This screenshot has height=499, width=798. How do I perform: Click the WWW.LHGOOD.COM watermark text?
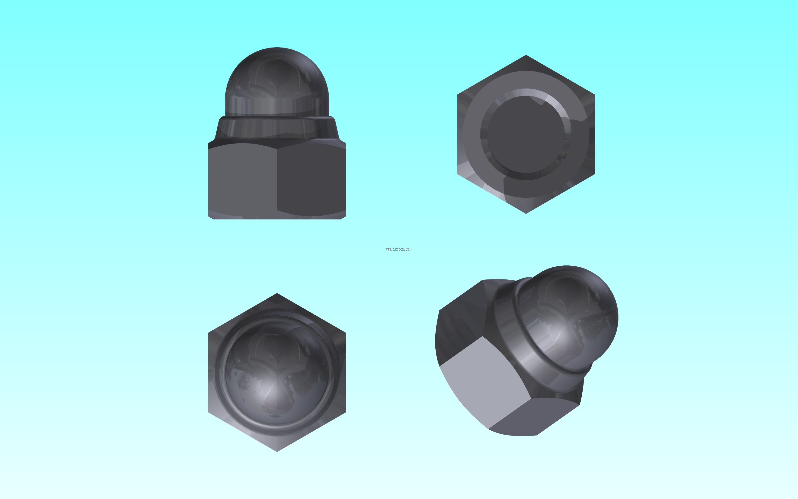pos(398,249)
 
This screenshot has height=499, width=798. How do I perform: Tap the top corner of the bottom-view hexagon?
pos(526,55)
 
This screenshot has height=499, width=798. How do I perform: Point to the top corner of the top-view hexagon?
pos(277,293)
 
